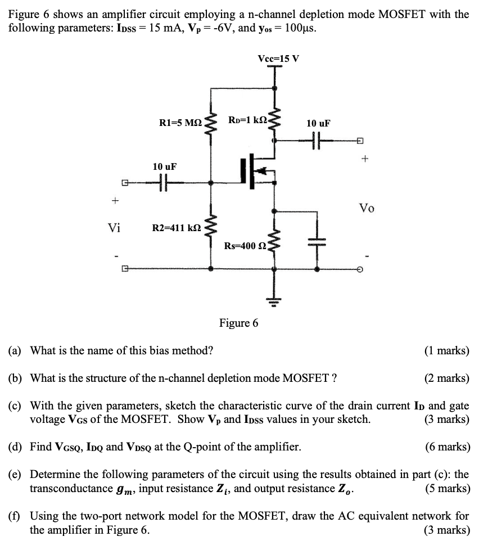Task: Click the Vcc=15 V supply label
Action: coord(278,58)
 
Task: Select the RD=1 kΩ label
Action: coord(248,120)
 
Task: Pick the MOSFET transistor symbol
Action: coord(256,171)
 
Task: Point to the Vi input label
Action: coord(114,228)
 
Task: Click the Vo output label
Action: coord(367,209)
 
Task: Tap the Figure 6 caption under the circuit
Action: coord(239,323)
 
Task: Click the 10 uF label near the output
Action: coord(318,123)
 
